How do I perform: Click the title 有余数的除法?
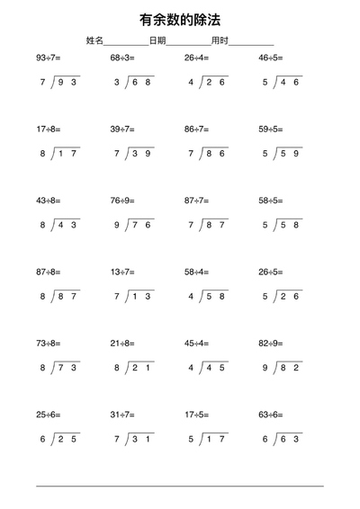tap(180, 18)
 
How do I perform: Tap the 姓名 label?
tap(94, 40)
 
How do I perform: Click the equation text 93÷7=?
tap(48, 58)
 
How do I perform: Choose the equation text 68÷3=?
tap(122, 58)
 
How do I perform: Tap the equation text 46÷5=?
tap(271, 58)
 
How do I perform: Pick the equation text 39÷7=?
tap(122, 129)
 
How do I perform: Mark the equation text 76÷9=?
tap(122, 200)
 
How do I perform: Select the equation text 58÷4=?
tap(196, 271)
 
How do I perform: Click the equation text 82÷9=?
tap(271, 342)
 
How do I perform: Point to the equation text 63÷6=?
tap(271, 414)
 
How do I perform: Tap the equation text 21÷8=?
tap(122, 342)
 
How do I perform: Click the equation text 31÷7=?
tap(122, 414)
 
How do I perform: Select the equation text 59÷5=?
tap(271, 129)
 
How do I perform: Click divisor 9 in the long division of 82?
tap(265, 367)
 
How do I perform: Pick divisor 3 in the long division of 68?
tap(116, 82)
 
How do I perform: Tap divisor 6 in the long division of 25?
tap(42, 438)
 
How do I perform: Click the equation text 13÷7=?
tap(122, 271)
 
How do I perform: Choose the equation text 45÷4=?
tap(196, 342)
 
